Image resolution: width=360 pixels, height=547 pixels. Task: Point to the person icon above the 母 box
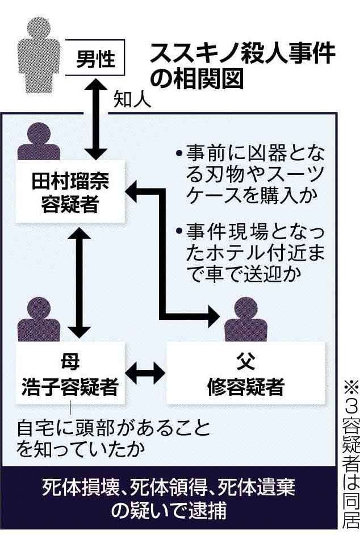pos(39,321)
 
